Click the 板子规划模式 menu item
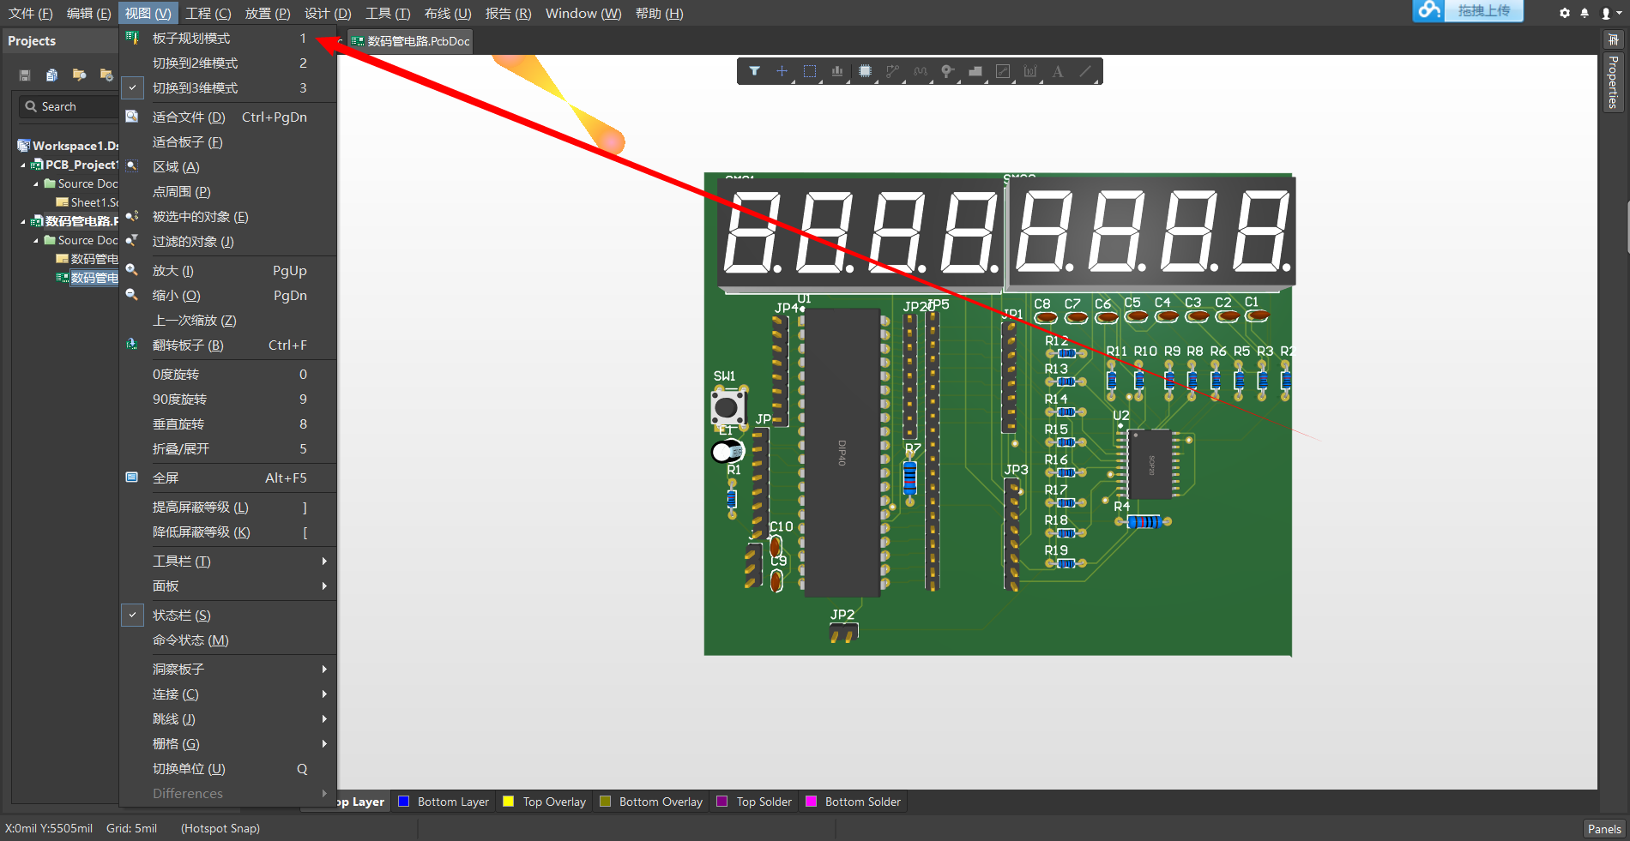click(191, 39)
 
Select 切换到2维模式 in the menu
click(195, 63)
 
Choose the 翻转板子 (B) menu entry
click(188, 345)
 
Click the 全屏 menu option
click(166, 478)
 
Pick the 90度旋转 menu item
click(179, 399)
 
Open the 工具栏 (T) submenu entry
click(182, 562)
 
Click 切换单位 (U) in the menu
click(189, 769)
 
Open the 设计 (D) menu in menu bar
click(328, 14)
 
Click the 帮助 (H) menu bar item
click(659, 14)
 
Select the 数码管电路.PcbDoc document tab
click(418, 41)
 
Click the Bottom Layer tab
click(452, 802)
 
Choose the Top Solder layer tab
click(764, 802)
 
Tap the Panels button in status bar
click(1603, 829)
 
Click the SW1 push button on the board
click(727, 407)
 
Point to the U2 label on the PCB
click(1121, 416)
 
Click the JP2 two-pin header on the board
click(843, 634)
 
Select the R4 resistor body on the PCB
click(1144, 522)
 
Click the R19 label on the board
click(1056, 550)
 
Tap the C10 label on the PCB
click(782, 526)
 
